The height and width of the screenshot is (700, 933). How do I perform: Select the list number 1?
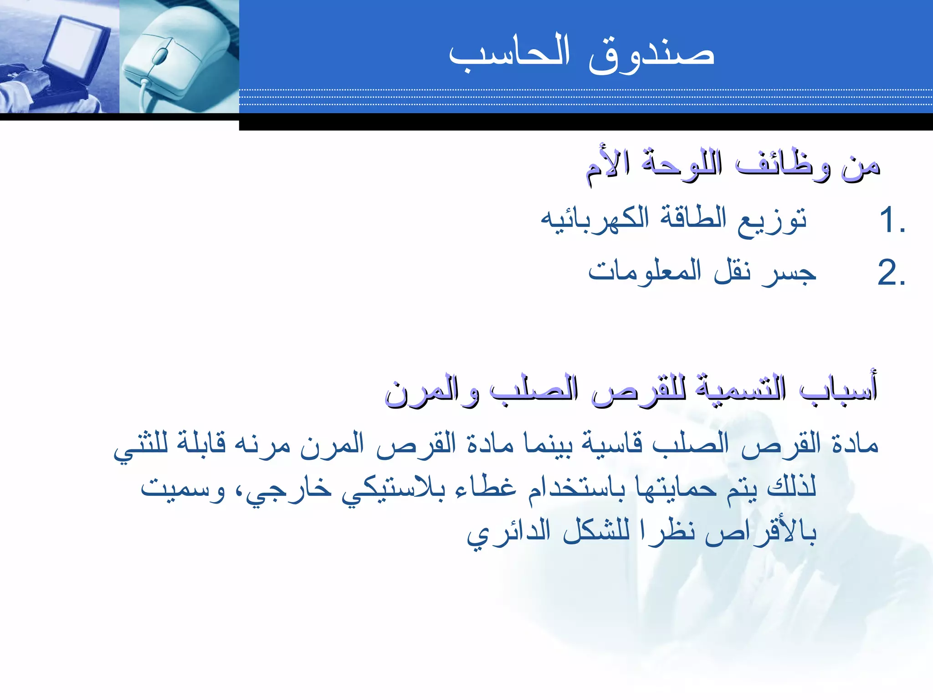[x=891, y=220]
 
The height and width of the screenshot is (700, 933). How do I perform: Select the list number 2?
[x=891, y=273]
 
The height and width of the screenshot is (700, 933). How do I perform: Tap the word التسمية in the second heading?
[x=740, y=390]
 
